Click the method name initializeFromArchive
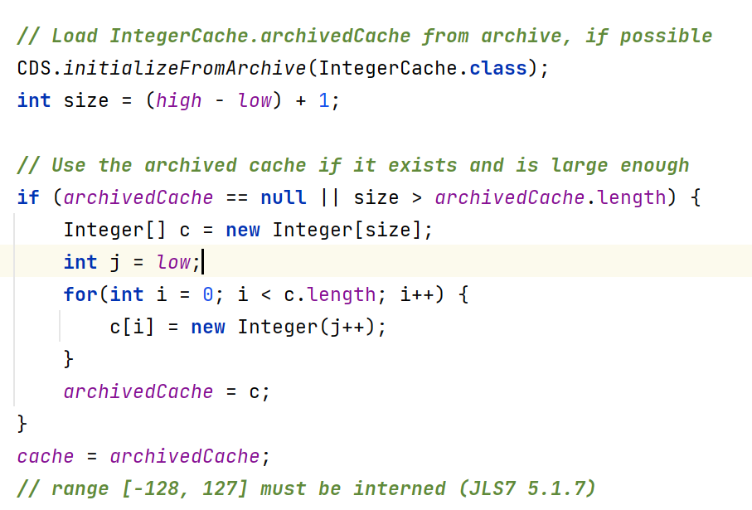point(185,68)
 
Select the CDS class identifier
point(34,68)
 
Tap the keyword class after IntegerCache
point(497,68)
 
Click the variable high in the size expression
point(178,100)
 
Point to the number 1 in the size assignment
point(324,100)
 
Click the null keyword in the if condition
point(284,197)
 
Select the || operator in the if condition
point(330,197)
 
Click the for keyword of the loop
point(80,294)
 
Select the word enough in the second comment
point(654,165)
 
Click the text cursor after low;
point(202,262)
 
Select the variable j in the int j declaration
point(115,262)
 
